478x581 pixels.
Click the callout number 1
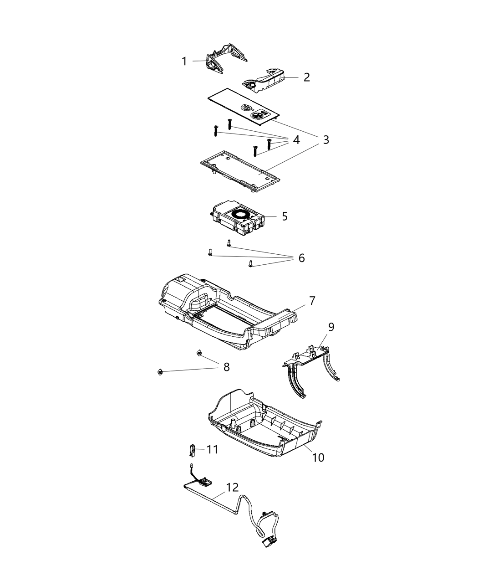pyautogui.click(x=184, y=61)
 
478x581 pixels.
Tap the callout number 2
pyautogui.click(x=306, y=77)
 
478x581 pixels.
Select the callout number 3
pyautogui.click(x=325, y=139)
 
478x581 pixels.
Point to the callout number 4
pyautogui.click(x=296, y=140)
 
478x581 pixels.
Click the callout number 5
pyautogui.click(x=285, y=216)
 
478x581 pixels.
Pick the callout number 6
pyautogui.click(x=301, y=258)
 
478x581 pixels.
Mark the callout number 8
pyautogui.click(x=226, y=367)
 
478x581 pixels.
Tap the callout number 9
pyautogui.click(x=331, y=327)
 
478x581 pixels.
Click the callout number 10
pyautogui.click(x=318, y=457)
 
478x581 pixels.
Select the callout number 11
pyautogui.click(x=212, y=450)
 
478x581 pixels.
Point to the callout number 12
pyautogui.click(x=232, y=487)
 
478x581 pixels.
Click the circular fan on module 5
pyautogui.click(x=241, y=213)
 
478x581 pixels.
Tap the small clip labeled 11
pyautogui.click(x=192, y=451)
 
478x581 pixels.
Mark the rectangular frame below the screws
pyautogui.click(x=239, y=171)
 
